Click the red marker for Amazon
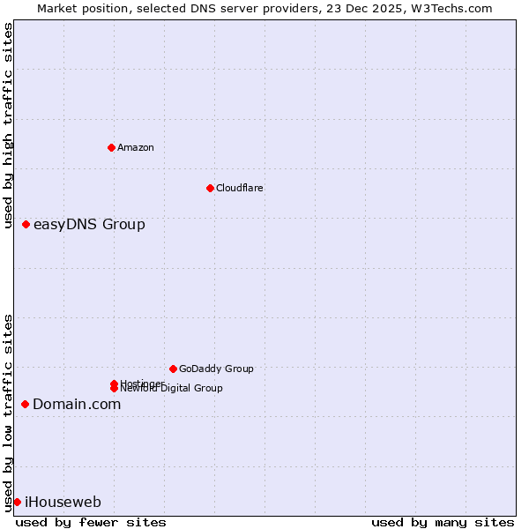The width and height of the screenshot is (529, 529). (111, 147)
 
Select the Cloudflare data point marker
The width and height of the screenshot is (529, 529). (210, 188)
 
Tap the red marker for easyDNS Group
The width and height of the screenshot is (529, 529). (26, 224)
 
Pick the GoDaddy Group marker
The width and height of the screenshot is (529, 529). (173, 369)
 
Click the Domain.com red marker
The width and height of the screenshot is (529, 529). (25, 404)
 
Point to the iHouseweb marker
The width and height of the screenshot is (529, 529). (17, 502)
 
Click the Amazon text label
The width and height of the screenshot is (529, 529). (136, 147)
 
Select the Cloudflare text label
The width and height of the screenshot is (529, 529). (240, 188)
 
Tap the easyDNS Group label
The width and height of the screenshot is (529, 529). (89, 224)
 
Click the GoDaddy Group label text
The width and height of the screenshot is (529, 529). (216, 369)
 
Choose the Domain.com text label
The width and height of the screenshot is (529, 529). (77, 404)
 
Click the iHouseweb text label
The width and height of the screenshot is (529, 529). (63, 502)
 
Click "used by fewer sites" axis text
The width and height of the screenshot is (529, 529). (91, 522)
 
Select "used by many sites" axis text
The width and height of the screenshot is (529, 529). (443, 522)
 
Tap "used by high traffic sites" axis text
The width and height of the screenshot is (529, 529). (8, 128)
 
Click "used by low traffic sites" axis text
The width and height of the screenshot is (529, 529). (8, 413)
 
